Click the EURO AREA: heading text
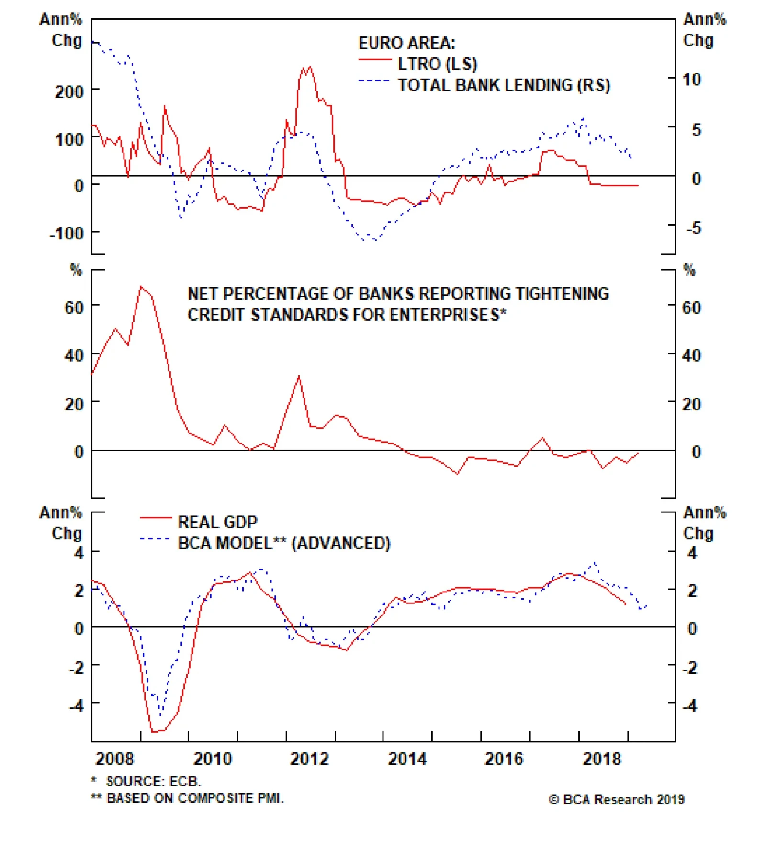(x=406, y=43)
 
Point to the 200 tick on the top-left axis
(x=69, y=91)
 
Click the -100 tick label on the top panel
(x=67, y=234)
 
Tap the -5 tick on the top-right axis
(x=694, y=228)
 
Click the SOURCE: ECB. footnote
(x=153, y=781)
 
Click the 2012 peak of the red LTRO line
(x=309, y=67)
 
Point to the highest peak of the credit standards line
(x=141, y=287)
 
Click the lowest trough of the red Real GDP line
(x=153, y=732)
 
